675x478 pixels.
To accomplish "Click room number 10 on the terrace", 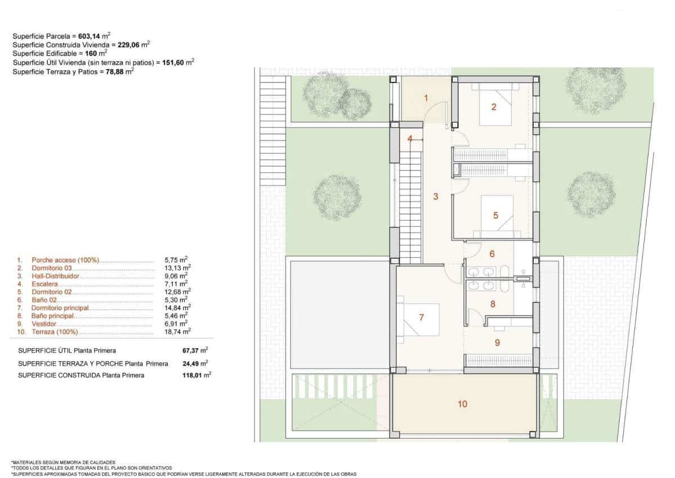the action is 462,404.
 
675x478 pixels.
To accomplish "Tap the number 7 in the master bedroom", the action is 421,317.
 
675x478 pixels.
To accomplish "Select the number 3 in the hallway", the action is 435,197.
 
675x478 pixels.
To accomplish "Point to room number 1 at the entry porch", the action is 426,98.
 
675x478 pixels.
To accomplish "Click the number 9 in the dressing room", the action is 497,342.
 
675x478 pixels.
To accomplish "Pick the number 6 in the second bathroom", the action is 492,253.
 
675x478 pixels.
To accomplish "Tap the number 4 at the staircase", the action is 410,139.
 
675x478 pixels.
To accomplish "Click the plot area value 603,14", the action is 89,37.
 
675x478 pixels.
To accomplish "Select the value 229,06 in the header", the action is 128,45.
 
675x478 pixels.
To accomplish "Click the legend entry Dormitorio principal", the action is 60,308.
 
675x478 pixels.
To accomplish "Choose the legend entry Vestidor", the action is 44,324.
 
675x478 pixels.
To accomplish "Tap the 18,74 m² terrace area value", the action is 178,331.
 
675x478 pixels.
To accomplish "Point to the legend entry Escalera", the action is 44,284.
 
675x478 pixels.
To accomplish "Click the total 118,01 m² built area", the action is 196,375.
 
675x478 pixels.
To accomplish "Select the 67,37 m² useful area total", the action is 195,350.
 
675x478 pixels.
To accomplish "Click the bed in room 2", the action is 496,104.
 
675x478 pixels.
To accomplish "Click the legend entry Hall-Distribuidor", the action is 55,276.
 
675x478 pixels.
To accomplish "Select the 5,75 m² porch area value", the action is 176,260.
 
